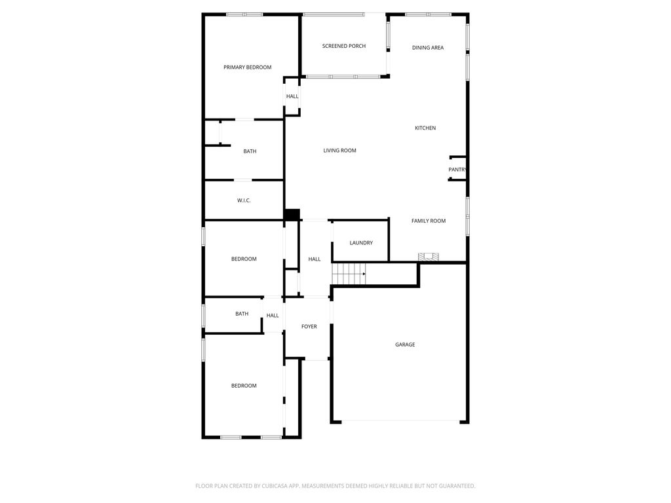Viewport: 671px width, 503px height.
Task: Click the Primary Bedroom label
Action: point(247,67)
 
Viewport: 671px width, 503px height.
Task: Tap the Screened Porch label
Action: point(344,46)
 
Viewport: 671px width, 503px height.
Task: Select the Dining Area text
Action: point(428,48)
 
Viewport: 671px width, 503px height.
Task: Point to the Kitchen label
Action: point(425,128)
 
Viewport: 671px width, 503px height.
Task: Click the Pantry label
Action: point(457,170)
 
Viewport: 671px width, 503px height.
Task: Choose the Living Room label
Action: point(340,151)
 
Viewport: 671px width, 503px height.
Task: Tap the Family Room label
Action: point(429,221)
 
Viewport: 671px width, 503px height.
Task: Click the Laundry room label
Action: point(361,243)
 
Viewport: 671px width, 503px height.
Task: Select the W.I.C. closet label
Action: point(244,200)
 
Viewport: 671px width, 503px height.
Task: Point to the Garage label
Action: point(405,345)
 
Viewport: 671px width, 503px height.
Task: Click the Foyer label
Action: point(309,326)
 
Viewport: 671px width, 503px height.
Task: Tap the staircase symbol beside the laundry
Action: point(349,273)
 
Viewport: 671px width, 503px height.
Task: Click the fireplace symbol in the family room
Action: point(429,257)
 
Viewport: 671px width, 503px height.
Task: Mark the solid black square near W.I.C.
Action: point(292,214)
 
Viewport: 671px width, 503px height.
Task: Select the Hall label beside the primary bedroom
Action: point(292,96)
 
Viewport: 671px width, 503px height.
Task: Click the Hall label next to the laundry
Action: point(315,259)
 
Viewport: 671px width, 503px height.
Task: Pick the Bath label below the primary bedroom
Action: point(250,151)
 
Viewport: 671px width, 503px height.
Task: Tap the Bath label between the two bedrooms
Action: point(242,314)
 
